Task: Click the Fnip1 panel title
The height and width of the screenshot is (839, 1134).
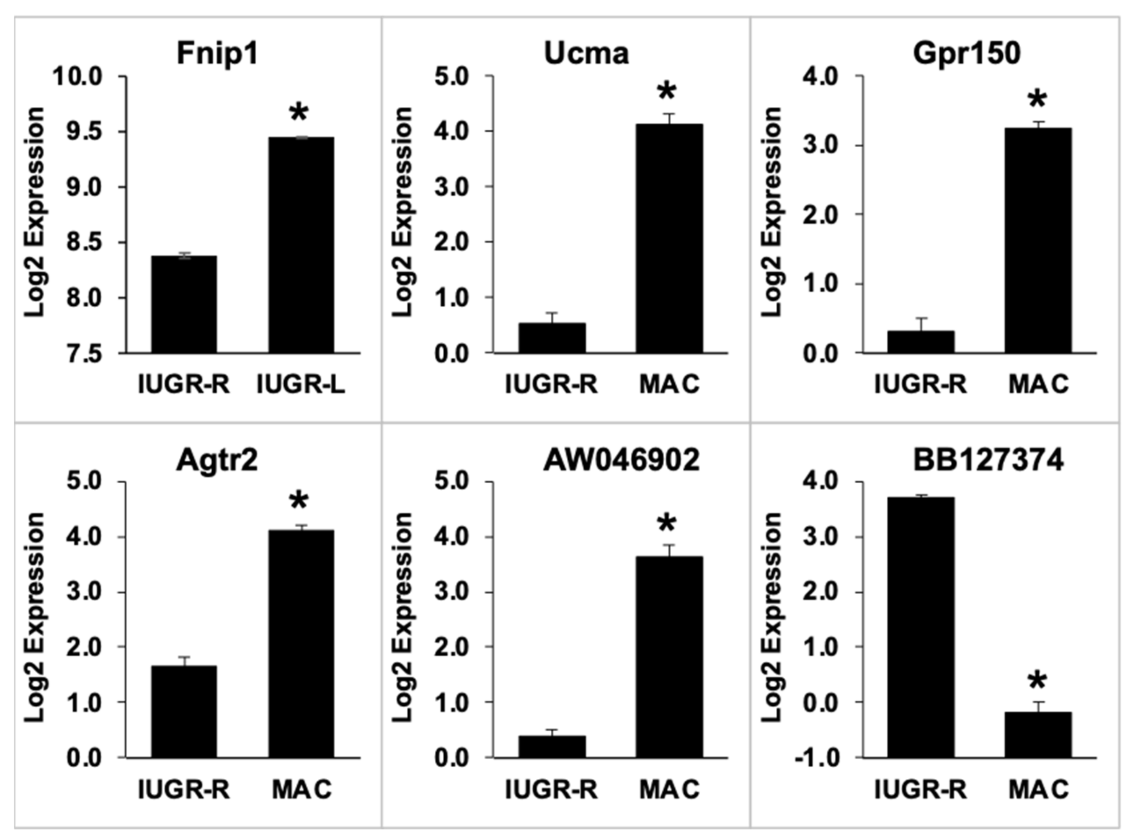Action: pyautogui.click(x=217, y=54)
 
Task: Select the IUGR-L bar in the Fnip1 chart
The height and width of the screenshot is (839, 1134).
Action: pyautogui.click(x=301, y=245)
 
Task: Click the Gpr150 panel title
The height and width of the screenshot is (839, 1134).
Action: pyautogui.click(x=966, y=54)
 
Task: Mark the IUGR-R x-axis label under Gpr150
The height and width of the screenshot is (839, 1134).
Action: pyautogui.click(x=920, y=384)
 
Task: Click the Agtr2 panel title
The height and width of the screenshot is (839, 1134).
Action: pyautogui.click(x=217, y=461)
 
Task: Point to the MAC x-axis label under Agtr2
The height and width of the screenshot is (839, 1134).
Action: pyautogui.click(x=302, y=790)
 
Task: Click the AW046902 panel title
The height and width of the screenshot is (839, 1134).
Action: pyautogui.click(x=622, y=461)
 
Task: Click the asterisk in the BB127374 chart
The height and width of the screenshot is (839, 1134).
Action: pyautogui.click(x=1037, y=682)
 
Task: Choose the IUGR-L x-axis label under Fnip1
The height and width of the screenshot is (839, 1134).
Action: pyautogui.click(x=301, y=384)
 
